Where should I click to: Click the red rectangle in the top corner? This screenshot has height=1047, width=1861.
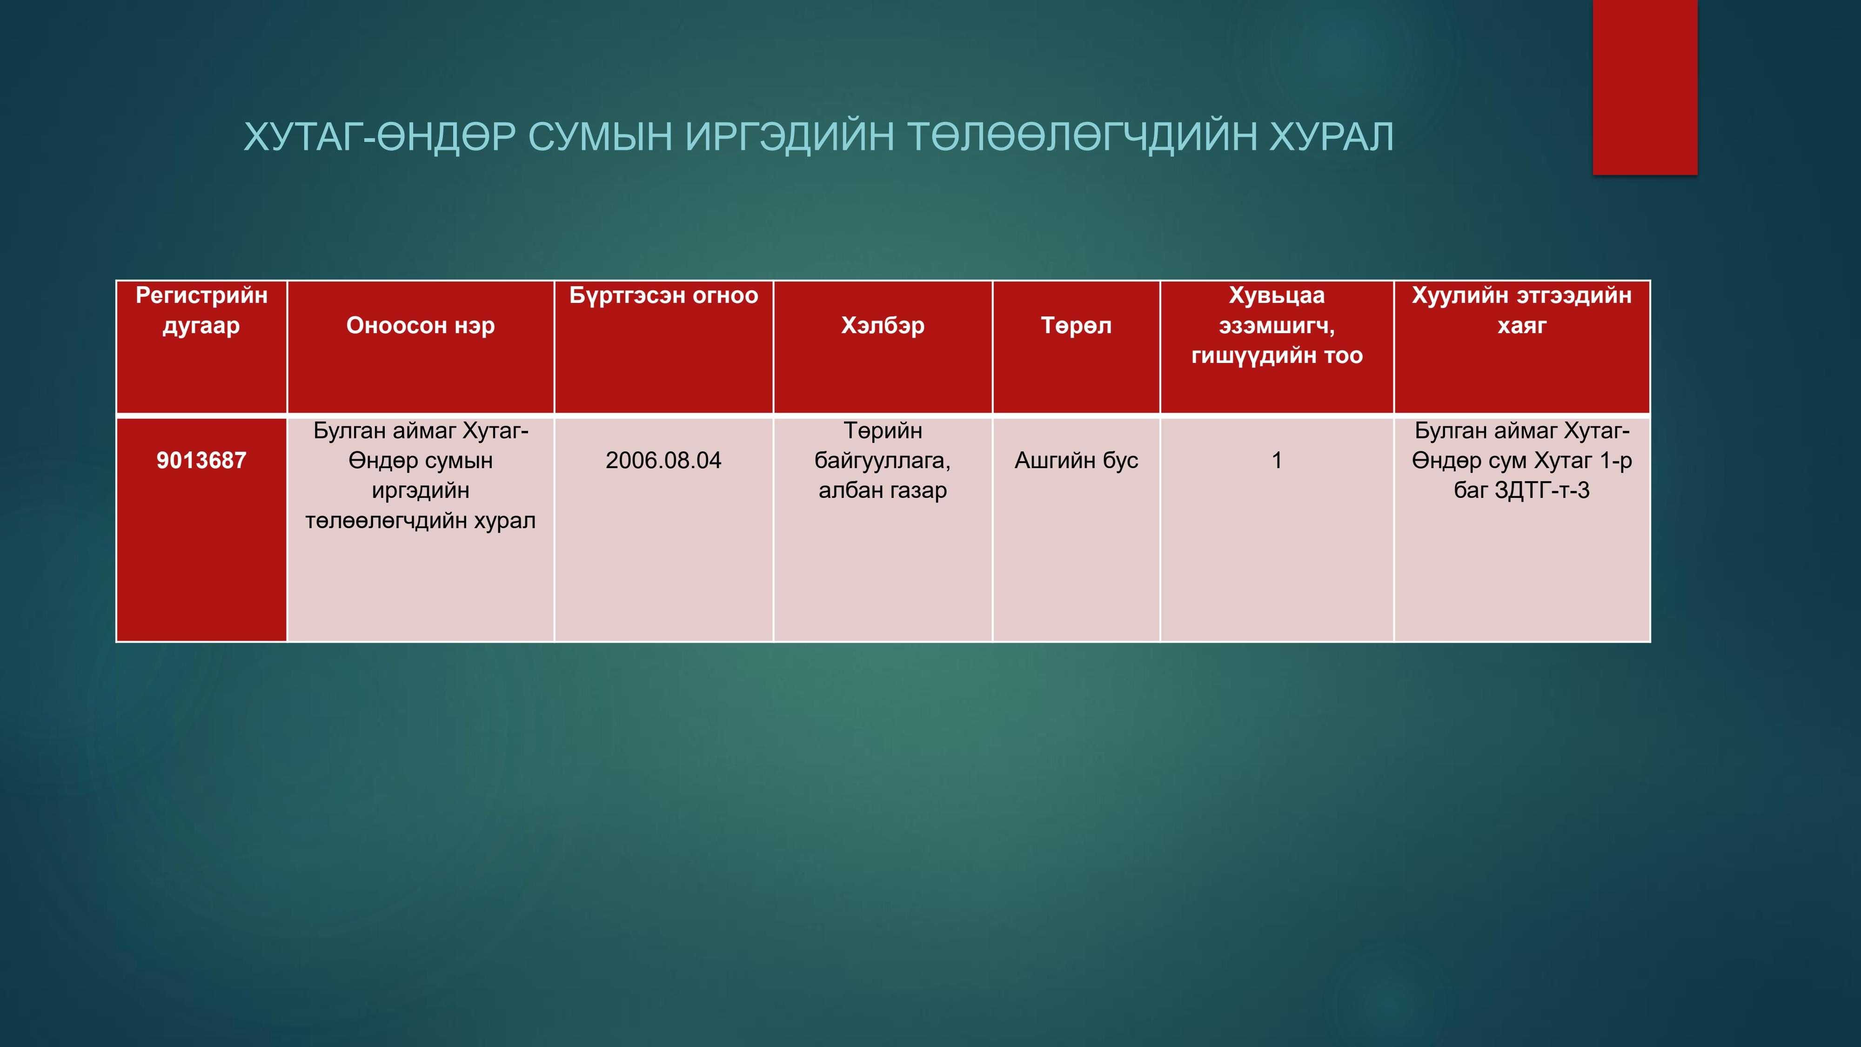pyautogui.click(x=1645, y=87)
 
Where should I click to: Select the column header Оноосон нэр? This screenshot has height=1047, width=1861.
pyautogui.click(x=421, y=326)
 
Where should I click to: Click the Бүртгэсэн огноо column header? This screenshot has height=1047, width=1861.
pyautogui.click(x=663, y=295)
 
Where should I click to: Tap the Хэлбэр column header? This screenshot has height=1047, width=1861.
pyautogui.click(x=883, y=326)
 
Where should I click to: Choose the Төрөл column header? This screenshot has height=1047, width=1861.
pyautogui.click(x=1077, y=326)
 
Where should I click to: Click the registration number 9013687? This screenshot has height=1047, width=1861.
pyautogui.click(x=201, y=460)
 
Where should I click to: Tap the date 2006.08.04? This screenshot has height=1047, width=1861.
pyautogui.click(x=663, y=460)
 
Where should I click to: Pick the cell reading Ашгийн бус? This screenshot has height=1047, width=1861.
pyautogui.click(x=1077, y=460)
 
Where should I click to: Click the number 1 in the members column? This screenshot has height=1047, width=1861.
pyautogui.click(x=1277, y=460)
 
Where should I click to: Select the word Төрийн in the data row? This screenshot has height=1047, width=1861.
pyautogui.click(x=883, y=430)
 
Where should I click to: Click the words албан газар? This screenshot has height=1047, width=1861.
pyautogui.click(x=883, y=490)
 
